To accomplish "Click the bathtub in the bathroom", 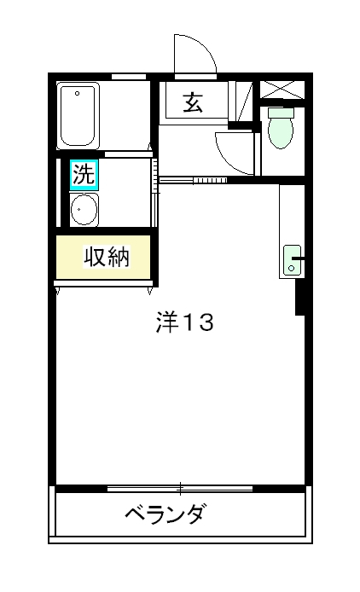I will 78,116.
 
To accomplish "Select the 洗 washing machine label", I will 84,175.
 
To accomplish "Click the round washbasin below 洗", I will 84,208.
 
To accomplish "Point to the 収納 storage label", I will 106,257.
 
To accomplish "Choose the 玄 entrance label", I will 193,103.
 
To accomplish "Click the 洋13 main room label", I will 183,323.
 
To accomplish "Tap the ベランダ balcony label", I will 165,515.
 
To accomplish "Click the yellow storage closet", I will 104,257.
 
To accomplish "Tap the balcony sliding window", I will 180,489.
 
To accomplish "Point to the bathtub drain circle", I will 78,92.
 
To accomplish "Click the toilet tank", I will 281,112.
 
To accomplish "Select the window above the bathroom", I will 128,77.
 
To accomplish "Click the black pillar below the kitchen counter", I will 300,298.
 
